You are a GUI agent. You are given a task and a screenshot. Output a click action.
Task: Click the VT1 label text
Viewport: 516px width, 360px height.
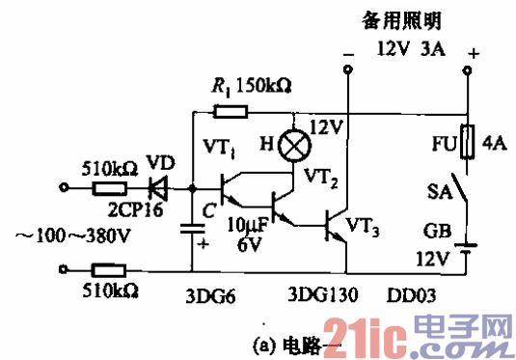pos(220,148)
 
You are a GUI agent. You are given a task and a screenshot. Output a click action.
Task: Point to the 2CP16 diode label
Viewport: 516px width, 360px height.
pos(142,207)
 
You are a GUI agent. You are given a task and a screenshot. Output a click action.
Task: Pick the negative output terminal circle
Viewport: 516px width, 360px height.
pos(348,69)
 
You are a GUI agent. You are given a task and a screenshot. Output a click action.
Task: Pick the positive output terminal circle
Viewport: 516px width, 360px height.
pos(469,69)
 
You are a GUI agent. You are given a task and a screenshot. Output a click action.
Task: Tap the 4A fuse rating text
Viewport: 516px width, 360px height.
pos(495,144)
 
